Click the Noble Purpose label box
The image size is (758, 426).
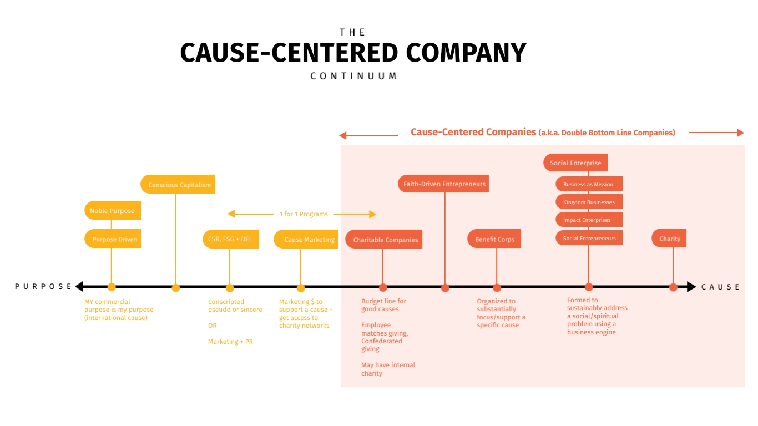[113, 211]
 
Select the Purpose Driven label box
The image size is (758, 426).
[113, 239]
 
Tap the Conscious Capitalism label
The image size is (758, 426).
[178, 185]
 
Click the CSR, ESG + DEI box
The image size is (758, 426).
[230, 239]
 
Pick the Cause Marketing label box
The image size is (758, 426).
[306, 239]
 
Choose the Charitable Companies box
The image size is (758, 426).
[384, 240]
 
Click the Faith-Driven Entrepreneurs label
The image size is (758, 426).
[443, 184]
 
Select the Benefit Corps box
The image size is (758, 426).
[494, 239]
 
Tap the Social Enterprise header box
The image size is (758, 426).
[575, 163]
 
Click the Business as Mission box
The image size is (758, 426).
[589, 184]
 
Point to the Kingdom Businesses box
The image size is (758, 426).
[589, 202]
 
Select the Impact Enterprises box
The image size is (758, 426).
[589, 220]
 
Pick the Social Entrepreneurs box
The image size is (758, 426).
[589, 238]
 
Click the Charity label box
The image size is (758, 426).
[669, 239]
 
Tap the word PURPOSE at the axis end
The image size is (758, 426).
[43, 287]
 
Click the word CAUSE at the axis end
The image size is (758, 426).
[720, 287]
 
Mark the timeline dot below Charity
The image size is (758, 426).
[673, 287]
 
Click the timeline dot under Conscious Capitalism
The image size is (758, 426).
[176, 288]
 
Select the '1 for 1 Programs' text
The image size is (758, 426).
[304, 214]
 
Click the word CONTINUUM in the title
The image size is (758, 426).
[353, 76]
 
